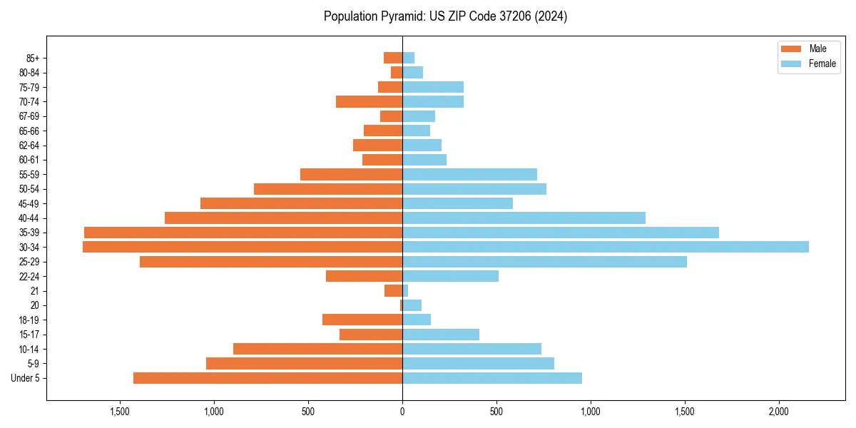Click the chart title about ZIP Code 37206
(445, 16)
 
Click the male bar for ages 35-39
(243, 233)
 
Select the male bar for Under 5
(267, 378)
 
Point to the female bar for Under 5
(492, 378)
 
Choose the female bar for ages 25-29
(544, 262)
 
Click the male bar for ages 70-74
(369, 101)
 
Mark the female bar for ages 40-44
(524, 218)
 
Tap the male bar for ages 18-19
(362, 320)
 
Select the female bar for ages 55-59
(469, 174)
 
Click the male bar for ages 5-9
(304, 363)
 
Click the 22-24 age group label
(29, 276)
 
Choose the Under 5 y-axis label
(26, 378)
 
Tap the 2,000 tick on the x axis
(779, 412)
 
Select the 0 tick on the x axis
(402, 412)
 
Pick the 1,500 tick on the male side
(120, 412)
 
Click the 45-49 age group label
(29, 203)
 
